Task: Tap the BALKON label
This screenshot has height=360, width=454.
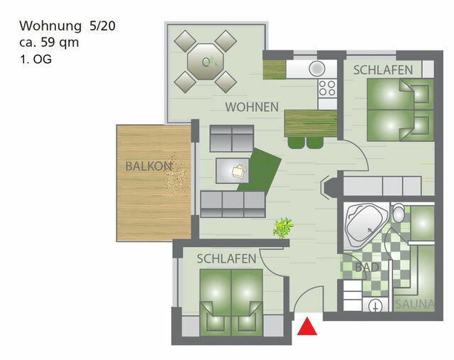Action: point(148,167)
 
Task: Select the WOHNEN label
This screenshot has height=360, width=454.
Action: point(252,107)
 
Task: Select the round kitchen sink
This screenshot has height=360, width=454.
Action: point(316,69)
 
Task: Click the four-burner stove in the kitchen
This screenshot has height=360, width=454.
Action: point(326,88)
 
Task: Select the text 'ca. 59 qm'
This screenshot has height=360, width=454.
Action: point(49,43)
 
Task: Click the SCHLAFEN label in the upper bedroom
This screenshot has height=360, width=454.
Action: point(383,70)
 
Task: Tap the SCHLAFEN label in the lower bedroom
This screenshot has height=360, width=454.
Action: point(226,259)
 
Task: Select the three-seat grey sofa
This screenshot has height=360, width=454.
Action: point(233,203)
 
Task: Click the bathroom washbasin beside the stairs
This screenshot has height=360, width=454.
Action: point(375,305)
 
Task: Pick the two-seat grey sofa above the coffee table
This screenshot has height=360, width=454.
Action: point(231,137)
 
